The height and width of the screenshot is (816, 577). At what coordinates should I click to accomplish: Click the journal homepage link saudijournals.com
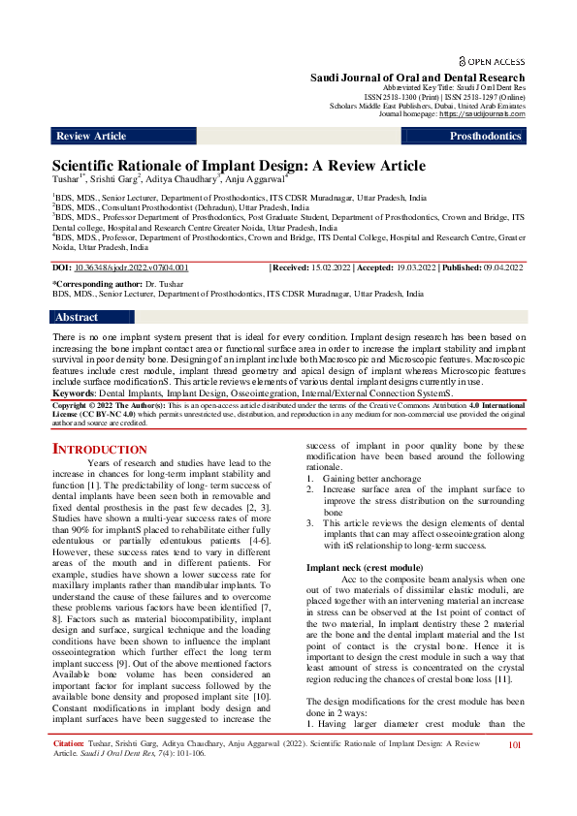tap(482, 114)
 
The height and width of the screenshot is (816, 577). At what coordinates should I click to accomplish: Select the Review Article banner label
tap(91, 137)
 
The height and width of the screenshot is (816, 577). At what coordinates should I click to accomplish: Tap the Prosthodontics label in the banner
tap(486, 137)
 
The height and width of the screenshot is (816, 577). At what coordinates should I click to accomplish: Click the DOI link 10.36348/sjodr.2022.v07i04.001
tap(133, 267)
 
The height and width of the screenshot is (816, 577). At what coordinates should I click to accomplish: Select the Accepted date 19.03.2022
tap(433, 267)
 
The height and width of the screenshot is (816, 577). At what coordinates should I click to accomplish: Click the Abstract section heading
tap(77, 317)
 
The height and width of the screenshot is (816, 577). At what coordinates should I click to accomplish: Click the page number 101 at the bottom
tap(515, 772)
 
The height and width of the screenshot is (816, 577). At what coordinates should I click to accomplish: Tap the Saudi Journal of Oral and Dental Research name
tap(417, 78)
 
